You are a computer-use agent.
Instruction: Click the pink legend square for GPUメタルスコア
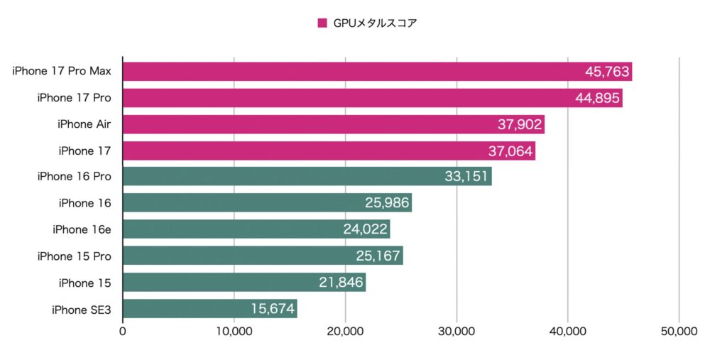pos(322,23)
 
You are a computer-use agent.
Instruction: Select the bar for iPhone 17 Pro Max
pos(376,71)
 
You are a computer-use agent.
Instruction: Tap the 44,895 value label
pos(598,98)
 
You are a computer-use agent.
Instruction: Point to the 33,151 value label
pos(466,177)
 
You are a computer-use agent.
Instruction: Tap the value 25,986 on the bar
pos(387,204)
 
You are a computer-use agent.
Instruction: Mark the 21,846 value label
pos(342,283)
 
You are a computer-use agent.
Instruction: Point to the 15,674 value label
pos(273,309)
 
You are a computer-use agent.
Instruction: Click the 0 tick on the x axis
pos(123,332)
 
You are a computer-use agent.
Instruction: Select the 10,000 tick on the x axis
pos(234,332)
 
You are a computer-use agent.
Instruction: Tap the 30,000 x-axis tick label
pos(457,332)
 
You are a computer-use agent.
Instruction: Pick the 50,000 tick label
pos(679,332)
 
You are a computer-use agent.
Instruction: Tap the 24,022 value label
pos(366,230)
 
